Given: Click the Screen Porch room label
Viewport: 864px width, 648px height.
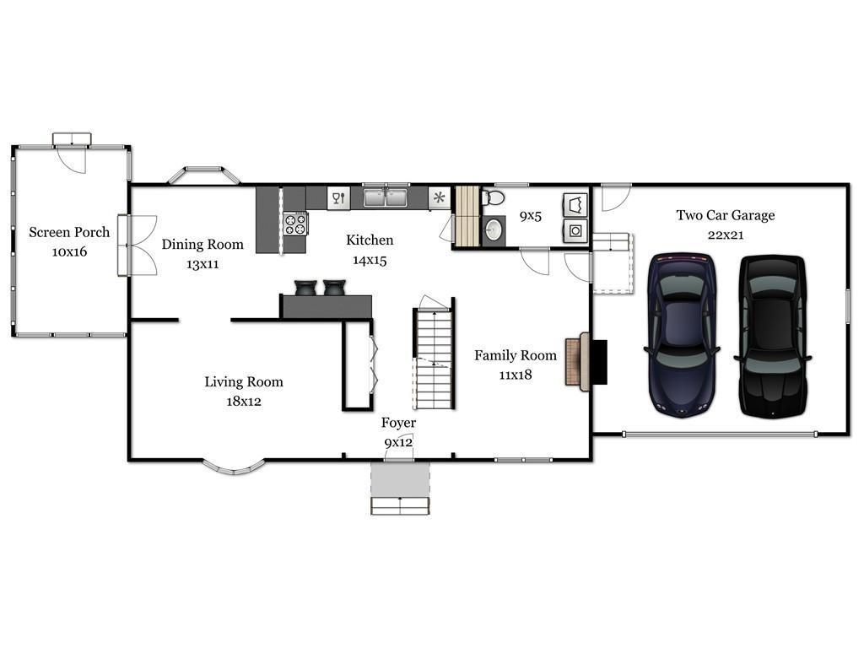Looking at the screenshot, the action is pos(69,232).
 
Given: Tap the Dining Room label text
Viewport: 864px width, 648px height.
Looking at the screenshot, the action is pos(202,244).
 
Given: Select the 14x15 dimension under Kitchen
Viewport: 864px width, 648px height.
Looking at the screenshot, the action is pos(370,260).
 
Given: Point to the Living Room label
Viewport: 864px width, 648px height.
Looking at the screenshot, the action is pos(244,382).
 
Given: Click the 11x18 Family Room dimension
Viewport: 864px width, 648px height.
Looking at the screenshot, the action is pos(516,375).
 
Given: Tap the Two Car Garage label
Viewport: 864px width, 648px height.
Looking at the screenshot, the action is pos(725,215).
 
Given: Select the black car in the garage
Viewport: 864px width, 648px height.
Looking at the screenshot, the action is pos(773,336).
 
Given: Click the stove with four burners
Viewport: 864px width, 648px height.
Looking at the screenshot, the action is pos(295,224).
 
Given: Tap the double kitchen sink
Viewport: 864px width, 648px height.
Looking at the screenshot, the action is pos(385,197).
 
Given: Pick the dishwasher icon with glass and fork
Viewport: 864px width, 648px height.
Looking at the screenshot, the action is pos(339,197).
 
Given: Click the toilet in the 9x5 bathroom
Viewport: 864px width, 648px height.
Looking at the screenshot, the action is pos(493,197).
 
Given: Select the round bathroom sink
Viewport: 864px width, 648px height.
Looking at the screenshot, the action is pos(493,229).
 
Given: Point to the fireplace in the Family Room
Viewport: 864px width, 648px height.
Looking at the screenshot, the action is pos(586,361).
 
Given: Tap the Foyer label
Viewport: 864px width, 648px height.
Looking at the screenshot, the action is pos(398,423).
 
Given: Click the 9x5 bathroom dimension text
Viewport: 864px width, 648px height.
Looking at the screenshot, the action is pos(530,216).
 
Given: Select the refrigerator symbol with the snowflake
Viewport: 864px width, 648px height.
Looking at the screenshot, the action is pos(439,197).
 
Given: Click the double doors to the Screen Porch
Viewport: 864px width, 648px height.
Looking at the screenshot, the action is pos(137,246).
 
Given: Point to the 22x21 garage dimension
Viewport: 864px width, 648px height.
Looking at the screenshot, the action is pos(725,235).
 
